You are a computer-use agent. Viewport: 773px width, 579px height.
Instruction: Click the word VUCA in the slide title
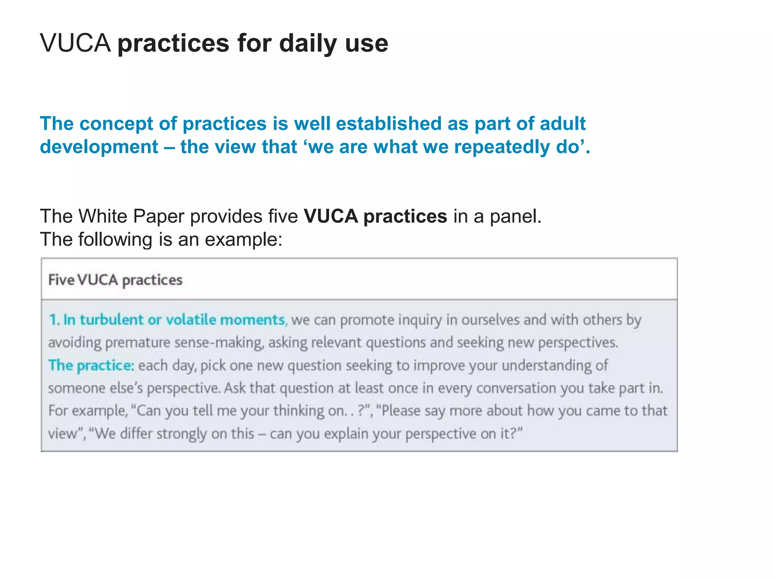pos(75,43)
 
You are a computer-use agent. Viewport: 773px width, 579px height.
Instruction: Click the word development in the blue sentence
pos(99,147)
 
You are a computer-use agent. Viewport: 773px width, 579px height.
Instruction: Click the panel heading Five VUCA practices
pos(115,280)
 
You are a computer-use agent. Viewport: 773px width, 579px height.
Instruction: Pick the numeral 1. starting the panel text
pos(54,320)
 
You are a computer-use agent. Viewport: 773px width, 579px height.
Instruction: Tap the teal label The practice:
pos(91,366)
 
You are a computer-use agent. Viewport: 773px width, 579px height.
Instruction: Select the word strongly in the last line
pos(181,434)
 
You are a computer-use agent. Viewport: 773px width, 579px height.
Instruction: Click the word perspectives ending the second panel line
pos(578,343)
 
